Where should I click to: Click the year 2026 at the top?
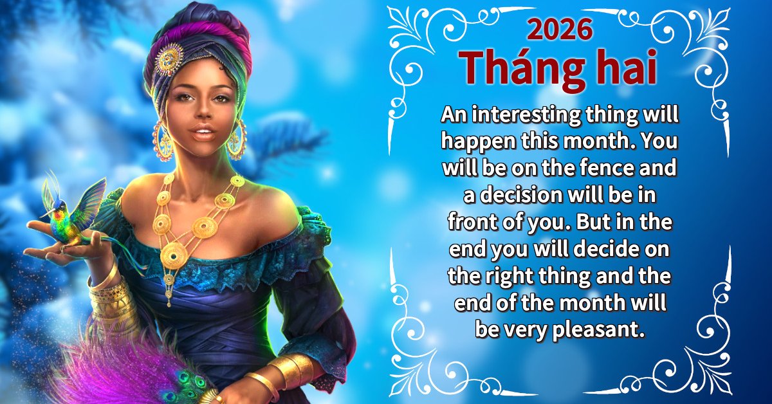coord(560,30)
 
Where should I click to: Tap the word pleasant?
coord(599,329)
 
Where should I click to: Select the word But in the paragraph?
coord(592,222)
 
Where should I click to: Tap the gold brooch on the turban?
coord(168,60)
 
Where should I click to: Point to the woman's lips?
coord(203,133)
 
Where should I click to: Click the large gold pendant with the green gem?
coord(174,256)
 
